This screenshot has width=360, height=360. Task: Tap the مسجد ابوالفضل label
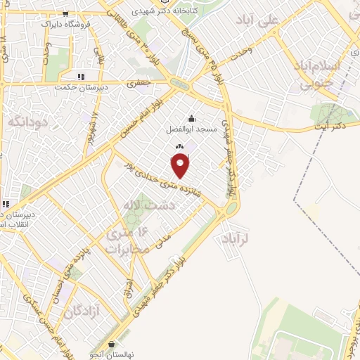(x=192, y=129)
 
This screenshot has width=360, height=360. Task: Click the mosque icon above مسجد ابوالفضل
(x=192, y=118)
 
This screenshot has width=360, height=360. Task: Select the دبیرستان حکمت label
(x=81, y=88)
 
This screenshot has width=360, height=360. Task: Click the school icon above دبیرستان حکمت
(x=81, y=77)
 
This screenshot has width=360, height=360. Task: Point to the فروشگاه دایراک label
(x=67, y=23)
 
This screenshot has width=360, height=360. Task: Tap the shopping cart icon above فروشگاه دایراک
(x=66, y=13)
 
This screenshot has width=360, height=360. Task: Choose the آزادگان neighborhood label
(x=79, y=312)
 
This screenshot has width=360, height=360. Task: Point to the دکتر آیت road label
(x=330, y=124)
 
